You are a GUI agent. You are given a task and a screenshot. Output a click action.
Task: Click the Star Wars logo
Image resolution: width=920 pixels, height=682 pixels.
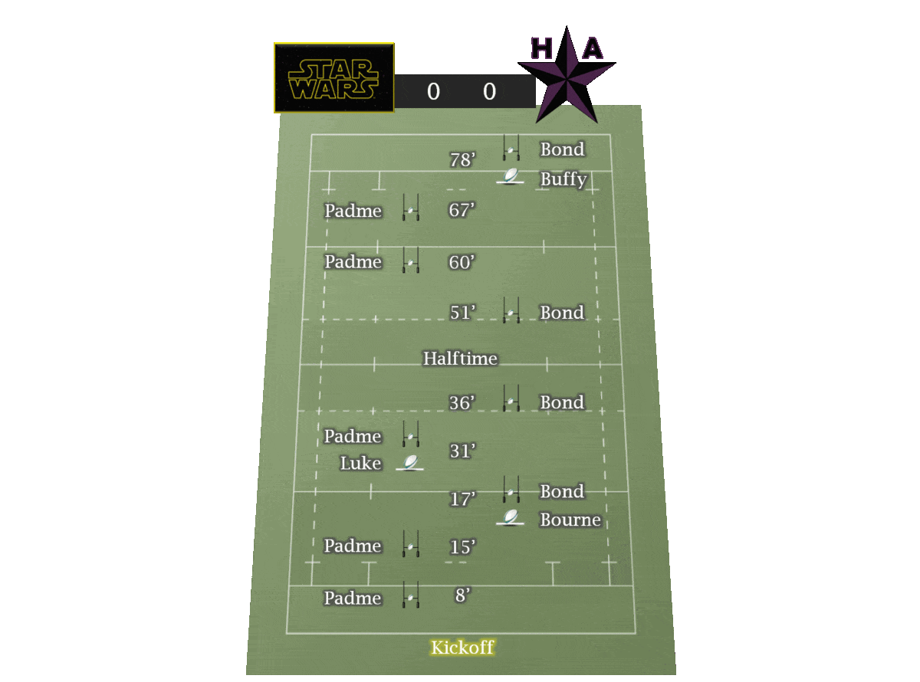click(x=333, y=78)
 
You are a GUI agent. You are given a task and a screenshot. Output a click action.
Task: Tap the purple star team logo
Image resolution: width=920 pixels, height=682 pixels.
click(x=567, y=74)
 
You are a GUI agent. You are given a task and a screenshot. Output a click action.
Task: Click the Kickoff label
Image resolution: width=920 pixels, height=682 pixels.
click(x=462, y=648)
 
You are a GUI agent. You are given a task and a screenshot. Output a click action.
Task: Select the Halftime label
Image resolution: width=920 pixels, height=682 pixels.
click(x=460, y=358)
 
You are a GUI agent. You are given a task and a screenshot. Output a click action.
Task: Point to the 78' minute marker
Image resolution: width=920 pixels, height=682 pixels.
click(x=462, y=160)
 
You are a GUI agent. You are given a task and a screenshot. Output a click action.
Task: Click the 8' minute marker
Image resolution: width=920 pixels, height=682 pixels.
click(x=462, y=595)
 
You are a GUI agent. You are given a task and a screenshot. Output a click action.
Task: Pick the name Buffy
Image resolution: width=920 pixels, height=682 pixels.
click(x=563, y=179)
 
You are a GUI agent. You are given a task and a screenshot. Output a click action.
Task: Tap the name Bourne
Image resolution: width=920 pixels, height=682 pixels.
click(x=570, y=520)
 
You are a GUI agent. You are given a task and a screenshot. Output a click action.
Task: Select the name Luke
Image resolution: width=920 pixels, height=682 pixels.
click(x=360, y=463)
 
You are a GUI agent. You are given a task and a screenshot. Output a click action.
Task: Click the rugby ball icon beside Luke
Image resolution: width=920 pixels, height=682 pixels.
click(x=410, y=463)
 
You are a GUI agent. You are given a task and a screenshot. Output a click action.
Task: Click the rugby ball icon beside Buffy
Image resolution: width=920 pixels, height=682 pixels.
click(x=510, y=177)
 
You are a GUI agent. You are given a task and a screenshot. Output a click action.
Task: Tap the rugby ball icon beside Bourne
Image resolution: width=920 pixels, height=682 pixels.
click(x=510, y=518)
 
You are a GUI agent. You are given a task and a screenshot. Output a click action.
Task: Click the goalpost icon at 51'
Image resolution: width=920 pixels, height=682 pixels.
click(x=511, y=310)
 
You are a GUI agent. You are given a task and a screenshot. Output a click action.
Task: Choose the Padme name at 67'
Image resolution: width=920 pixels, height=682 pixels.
click(x=353, y=210)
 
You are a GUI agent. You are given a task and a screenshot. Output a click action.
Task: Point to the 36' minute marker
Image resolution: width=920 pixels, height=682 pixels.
click(x=462, y=403)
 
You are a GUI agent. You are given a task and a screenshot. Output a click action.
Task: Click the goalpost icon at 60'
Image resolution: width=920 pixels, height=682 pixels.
click(x=411, y=261)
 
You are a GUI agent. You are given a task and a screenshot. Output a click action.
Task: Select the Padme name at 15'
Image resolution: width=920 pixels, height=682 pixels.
click(x=353, y=546)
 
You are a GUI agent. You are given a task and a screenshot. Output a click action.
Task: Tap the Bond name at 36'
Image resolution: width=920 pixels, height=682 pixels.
click(x=562, y=402)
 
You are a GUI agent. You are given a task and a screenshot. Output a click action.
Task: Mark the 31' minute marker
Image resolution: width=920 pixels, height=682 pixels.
click(x=462, y=451)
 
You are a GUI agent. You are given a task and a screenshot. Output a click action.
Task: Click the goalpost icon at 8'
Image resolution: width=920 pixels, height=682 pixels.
click(x=411, y=595)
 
